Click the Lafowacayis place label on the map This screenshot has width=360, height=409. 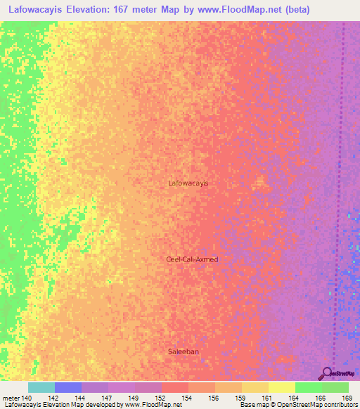coord(188,183)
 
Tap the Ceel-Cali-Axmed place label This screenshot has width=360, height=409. coord(192,259)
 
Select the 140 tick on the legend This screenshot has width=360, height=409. coord(28,397)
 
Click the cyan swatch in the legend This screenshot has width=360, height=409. coord(41,387)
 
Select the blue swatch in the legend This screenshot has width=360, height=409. coord(68,387)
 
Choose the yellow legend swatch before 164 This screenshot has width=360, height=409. coord(282,387)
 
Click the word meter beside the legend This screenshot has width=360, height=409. coord(11,397)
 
